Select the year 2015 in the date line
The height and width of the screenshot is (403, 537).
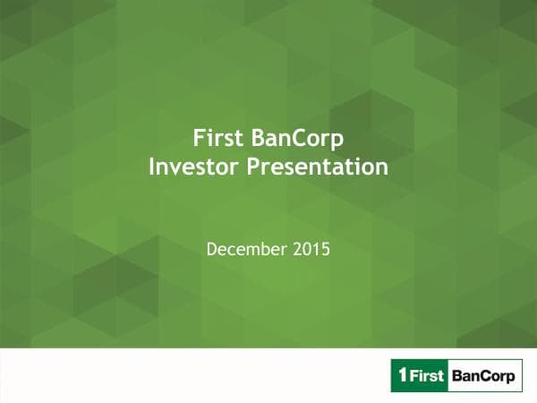[x=311, y=246]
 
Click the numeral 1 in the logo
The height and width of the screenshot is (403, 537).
[x=400, y=376]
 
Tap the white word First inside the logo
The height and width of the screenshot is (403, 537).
[x=427, y=376]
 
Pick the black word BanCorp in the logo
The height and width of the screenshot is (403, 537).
[x=484, y=376]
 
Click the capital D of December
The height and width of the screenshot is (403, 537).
[x=211, y=246]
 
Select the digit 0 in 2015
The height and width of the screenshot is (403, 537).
[x=307, y=246]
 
